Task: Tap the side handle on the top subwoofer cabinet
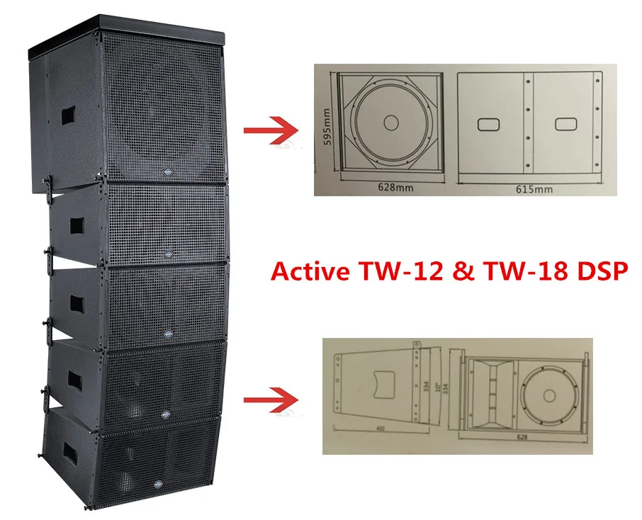(x=64, y=113)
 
